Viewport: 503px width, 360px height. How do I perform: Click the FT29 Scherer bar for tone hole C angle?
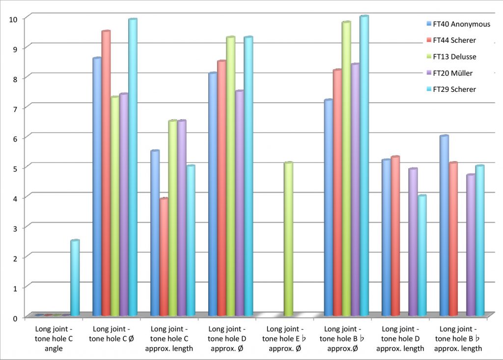tap(75, 278)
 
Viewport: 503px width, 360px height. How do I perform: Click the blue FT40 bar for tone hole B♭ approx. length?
tap(444, 225)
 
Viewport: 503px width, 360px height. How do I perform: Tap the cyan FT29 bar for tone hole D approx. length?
tap(421, 255)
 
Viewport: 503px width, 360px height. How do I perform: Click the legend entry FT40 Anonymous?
tap(458, 24)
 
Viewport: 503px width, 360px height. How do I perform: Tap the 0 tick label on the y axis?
tap(15, 317)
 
